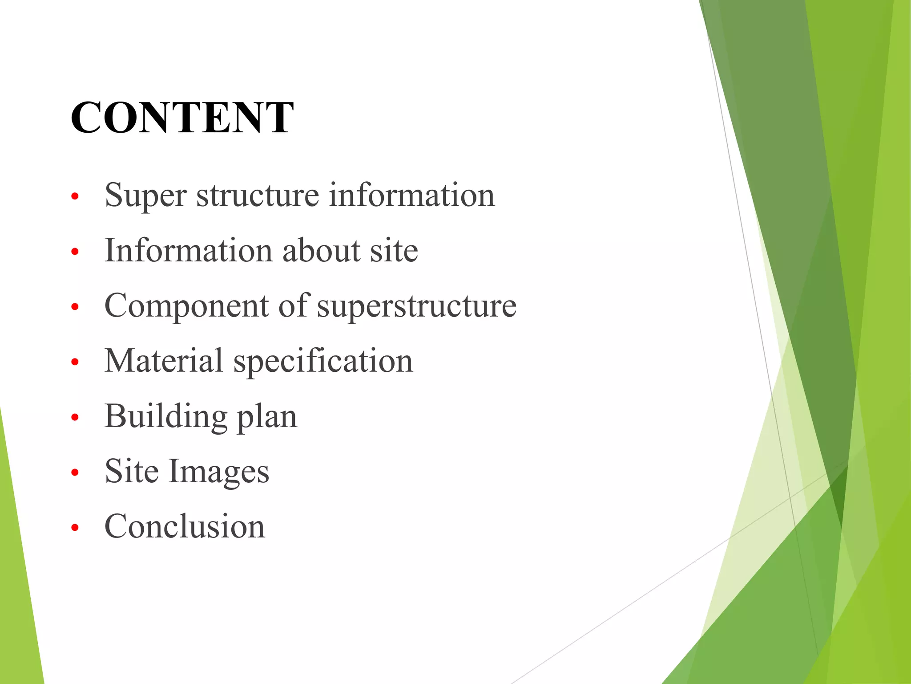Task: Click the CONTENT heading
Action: click(182, 117)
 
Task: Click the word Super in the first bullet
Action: click(145, 195)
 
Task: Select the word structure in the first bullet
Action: click(258, 195)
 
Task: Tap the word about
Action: click(321, 250)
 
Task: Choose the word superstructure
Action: click(416, 306)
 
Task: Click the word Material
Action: click(163, 361)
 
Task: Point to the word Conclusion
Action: click(185, 526)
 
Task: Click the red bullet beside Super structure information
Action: click(75, 196)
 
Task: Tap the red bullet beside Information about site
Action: click(75, 252)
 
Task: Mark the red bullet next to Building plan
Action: click(75, 417)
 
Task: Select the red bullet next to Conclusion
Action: click(75, 528)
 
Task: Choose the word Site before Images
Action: click(131, 471)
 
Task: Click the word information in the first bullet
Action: click(411, 195)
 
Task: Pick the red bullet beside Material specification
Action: click(75, 362)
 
